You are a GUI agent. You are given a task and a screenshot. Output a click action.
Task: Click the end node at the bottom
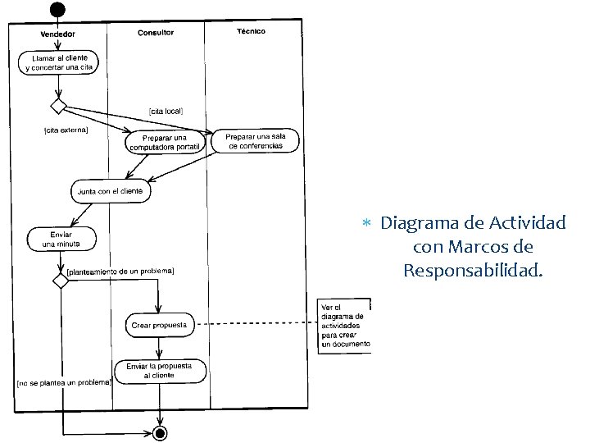pos(161,432)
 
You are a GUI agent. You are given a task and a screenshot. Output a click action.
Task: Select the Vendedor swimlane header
pos(57,34)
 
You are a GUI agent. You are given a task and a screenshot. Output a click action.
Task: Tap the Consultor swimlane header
pos(156,33)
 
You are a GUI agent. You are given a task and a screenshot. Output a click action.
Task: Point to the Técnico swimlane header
pos(251,32)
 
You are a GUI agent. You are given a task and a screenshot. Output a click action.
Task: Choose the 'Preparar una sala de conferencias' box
pos(255,140)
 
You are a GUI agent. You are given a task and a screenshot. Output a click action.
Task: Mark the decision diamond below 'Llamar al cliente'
pos(58,106)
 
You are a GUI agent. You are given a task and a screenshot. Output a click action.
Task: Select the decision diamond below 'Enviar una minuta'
pos(60,281)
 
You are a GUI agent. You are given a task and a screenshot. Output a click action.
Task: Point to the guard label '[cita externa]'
pos(66,130)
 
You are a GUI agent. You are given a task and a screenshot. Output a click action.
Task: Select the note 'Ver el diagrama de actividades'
pos(343,326)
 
